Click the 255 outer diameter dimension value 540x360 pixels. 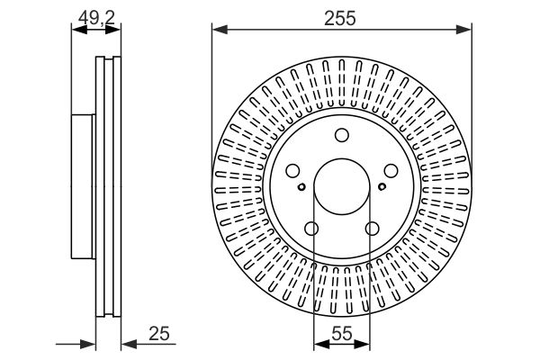pyautogui.click(x=342, y=16)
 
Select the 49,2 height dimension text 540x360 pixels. pyautogui.click(x=94, y=15)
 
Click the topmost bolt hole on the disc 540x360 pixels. pyautogui.click(x=342, y=136)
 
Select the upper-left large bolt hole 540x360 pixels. pyautogui.click(x=292, y=172)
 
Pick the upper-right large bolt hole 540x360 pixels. pyautogui.click(x=391, y=172)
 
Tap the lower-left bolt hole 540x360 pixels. pyautogui.click(x=311, y=229)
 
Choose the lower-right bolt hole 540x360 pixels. pyautogui.click(x=372, y=229)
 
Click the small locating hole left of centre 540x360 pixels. pyautogui.click(x=301, y=187)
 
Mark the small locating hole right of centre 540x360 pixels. pyautogui.click(x=382, y=187)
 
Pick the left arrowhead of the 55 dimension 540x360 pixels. pyautogui.click(x=318, y=343)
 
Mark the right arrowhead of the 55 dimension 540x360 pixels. pyautogui.click(x=366, y=343)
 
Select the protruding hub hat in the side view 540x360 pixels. pyautogui.click(x=83, y=184)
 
